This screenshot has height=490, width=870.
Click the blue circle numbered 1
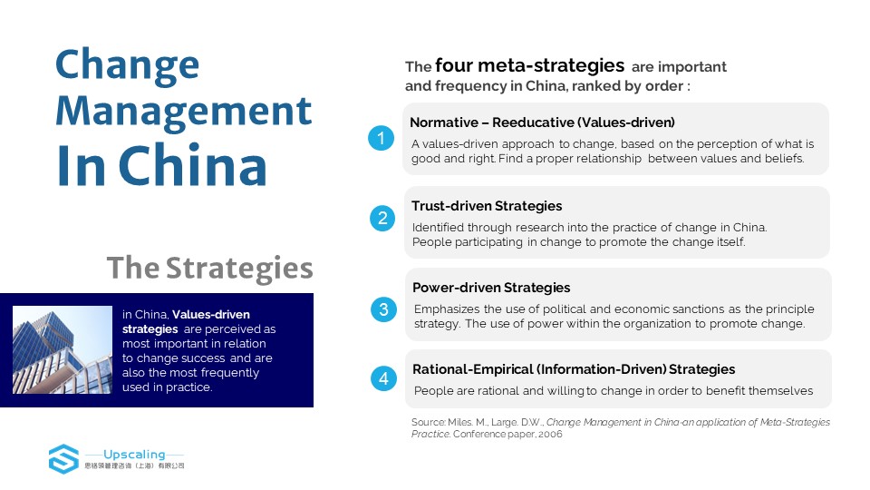click(x=382, y=138)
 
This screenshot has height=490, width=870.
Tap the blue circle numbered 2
click(x=382, y=218)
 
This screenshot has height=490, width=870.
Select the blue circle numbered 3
click(x=383, y=309)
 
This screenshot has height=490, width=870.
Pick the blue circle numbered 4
click(x=383, y=378)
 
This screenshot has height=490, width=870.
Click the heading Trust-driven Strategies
click(x=487, y=206)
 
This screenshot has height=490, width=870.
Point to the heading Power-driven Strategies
click(x=491, y=288)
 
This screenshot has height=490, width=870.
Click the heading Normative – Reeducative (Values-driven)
click(x=542, y=122)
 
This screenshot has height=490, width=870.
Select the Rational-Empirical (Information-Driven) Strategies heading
click(x=574, y=369)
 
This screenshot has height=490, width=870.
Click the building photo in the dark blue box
click(x=63, y=350)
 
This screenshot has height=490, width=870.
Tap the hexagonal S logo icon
click(x=63, y=459)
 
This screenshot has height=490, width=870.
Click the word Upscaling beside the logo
click(x=134, y=454)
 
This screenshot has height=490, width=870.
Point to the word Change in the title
click(x=127, y=65)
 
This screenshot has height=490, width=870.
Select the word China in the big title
click(x=193, y=165)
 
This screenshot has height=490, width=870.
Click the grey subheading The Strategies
click(x=209, y=269)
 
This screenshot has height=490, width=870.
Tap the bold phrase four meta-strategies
click(x=530, y=66)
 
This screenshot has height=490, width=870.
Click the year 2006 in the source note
click(x=550, y=434)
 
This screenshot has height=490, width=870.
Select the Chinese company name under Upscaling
click(x=134, y=465)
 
